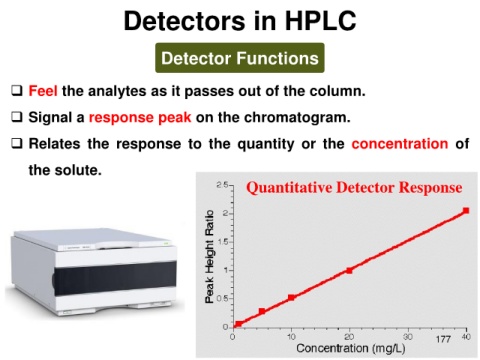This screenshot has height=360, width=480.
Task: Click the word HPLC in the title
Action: point(321,21)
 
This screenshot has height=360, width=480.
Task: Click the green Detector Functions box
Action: point(240,58)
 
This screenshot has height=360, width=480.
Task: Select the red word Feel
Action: point(43,91)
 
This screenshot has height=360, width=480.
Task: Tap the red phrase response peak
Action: point(140,117)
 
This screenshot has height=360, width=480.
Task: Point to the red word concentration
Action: point(400,144)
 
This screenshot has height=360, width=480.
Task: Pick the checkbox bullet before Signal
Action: point(17,117)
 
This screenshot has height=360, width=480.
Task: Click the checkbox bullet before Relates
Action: point(17,143)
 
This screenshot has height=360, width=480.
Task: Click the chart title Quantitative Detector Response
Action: point(354,187)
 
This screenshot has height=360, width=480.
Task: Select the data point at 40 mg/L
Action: point(466,211)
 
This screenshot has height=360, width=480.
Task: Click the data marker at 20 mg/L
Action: point(349,270)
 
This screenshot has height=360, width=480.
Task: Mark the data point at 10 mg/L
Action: point(291,297)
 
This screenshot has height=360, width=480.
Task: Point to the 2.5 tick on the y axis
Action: point(222,185)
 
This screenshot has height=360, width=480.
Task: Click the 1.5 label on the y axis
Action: point(222,242)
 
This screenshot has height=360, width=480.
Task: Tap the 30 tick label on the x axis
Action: point(408,337)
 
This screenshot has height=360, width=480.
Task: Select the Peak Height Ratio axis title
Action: point(209,257)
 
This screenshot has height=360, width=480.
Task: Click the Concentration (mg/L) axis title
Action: point(351,349)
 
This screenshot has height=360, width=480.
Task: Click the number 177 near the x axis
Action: point(443,339)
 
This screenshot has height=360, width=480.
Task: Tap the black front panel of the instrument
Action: point(115,278)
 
